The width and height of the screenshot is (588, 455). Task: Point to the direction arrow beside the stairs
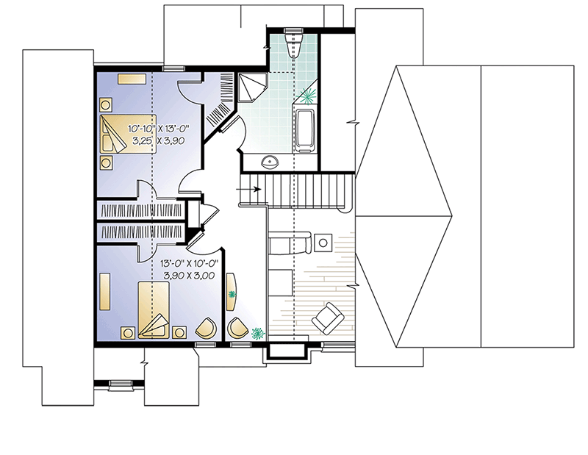(250, 189)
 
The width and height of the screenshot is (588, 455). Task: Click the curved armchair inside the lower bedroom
(208, 327)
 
